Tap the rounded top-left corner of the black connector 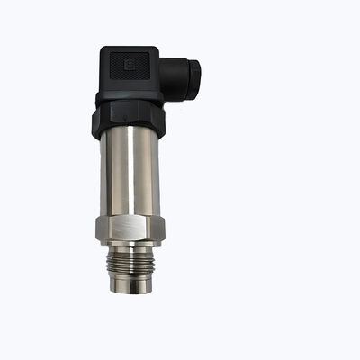(x=103, y=51)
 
